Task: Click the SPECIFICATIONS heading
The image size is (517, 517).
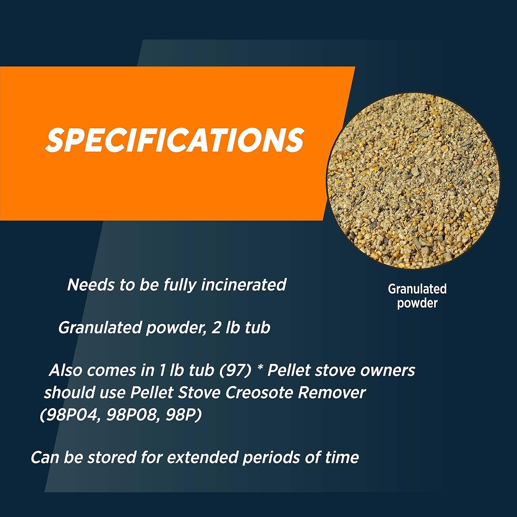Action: click(175, 140)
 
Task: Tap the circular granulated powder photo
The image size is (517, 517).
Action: click(413, 181)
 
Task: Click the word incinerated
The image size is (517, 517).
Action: click(244, 285)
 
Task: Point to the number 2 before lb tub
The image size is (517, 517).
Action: click(216, 327)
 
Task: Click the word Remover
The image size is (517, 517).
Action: click(332, 393)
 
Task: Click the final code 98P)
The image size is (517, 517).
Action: click(183, 415)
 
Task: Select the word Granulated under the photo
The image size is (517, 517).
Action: click(417, 289)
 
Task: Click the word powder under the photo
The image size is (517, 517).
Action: click(417, 303)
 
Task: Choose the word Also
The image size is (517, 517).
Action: click(65, 371)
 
